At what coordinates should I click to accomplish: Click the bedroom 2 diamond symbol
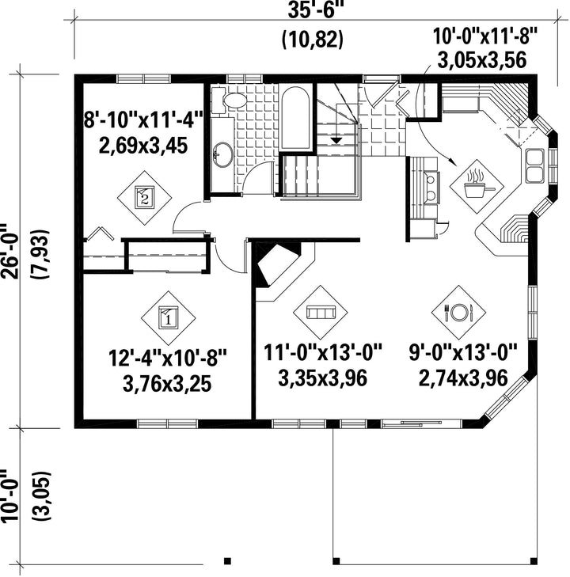[144, 198]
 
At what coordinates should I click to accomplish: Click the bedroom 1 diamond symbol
[168, 318]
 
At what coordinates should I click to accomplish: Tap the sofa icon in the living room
[320, 313]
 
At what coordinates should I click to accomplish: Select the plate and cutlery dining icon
[458, 313]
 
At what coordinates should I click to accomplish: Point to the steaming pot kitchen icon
[477, 185]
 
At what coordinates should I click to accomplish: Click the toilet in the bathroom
[230, 100]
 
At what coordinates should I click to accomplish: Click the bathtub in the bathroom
[294, 118]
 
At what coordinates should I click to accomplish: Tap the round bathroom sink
[223, 154]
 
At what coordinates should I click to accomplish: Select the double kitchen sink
[534, 165]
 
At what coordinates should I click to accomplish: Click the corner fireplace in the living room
[277, 264]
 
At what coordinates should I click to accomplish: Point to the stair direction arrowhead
[336, 140]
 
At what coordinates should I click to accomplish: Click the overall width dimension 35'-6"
[312, 10]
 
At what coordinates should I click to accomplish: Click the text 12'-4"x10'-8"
[167, 358]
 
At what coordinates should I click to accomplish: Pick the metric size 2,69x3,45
[143, 145]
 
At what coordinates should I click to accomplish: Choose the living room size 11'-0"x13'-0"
[323, 353]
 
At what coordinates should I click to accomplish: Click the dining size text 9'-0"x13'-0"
[463, 353]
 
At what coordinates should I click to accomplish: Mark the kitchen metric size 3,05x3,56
[481, 60]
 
